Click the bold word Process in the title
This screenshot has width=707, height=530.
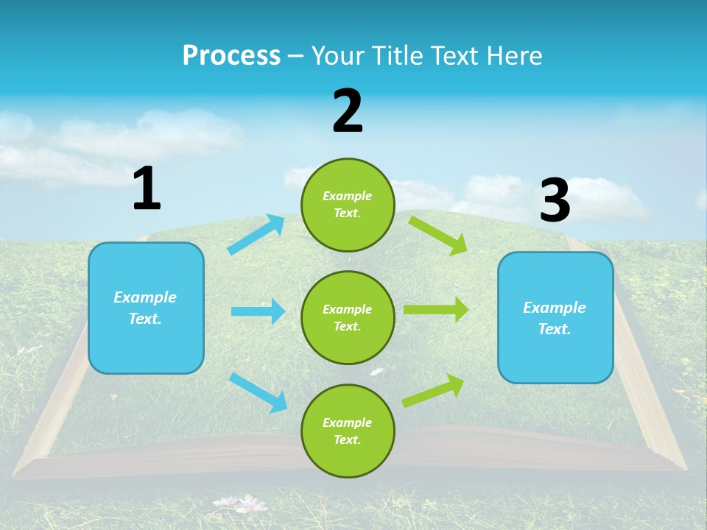(231, 56)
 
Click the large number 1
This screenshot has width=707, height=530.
(147, 189)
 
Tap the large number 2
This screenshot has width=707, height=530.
(348, 111)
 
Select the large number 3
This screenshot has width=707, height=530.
(555, 200)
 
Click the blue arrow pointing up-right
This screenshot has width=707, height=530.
(256, 234)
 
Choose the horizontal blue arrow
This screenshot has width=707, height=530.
(258, 311)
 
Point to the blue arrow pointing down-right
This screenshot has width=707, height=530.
(258, 392)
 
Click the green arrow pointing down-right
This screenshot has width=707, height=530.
(438, 235)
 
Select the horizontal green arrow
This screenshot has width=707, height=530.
(436, 310)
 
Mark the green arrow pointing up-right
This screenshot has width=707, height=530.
(434, 391)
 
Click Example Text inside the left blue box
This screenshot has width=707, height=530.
(145, 308)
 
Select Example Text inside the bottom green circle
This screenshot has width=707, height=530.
(348, 431)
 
